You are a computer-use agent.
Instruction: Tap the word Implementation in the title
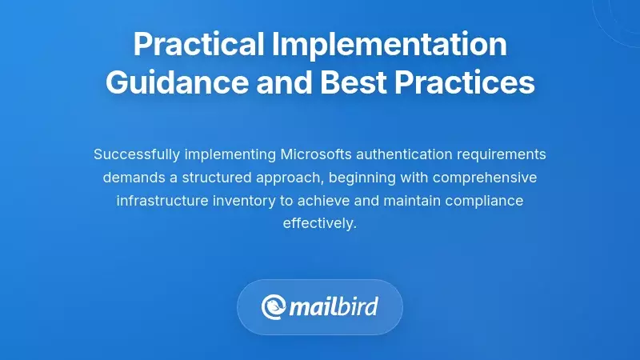(x=391, y=45)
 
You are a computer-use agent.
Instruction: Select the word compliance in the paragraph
(x=486, y=200)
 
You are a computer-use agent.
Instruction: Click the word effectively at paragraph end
(x=320, y=223)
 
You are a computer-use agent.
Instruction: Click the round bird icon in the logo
(x=274, y=307)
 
